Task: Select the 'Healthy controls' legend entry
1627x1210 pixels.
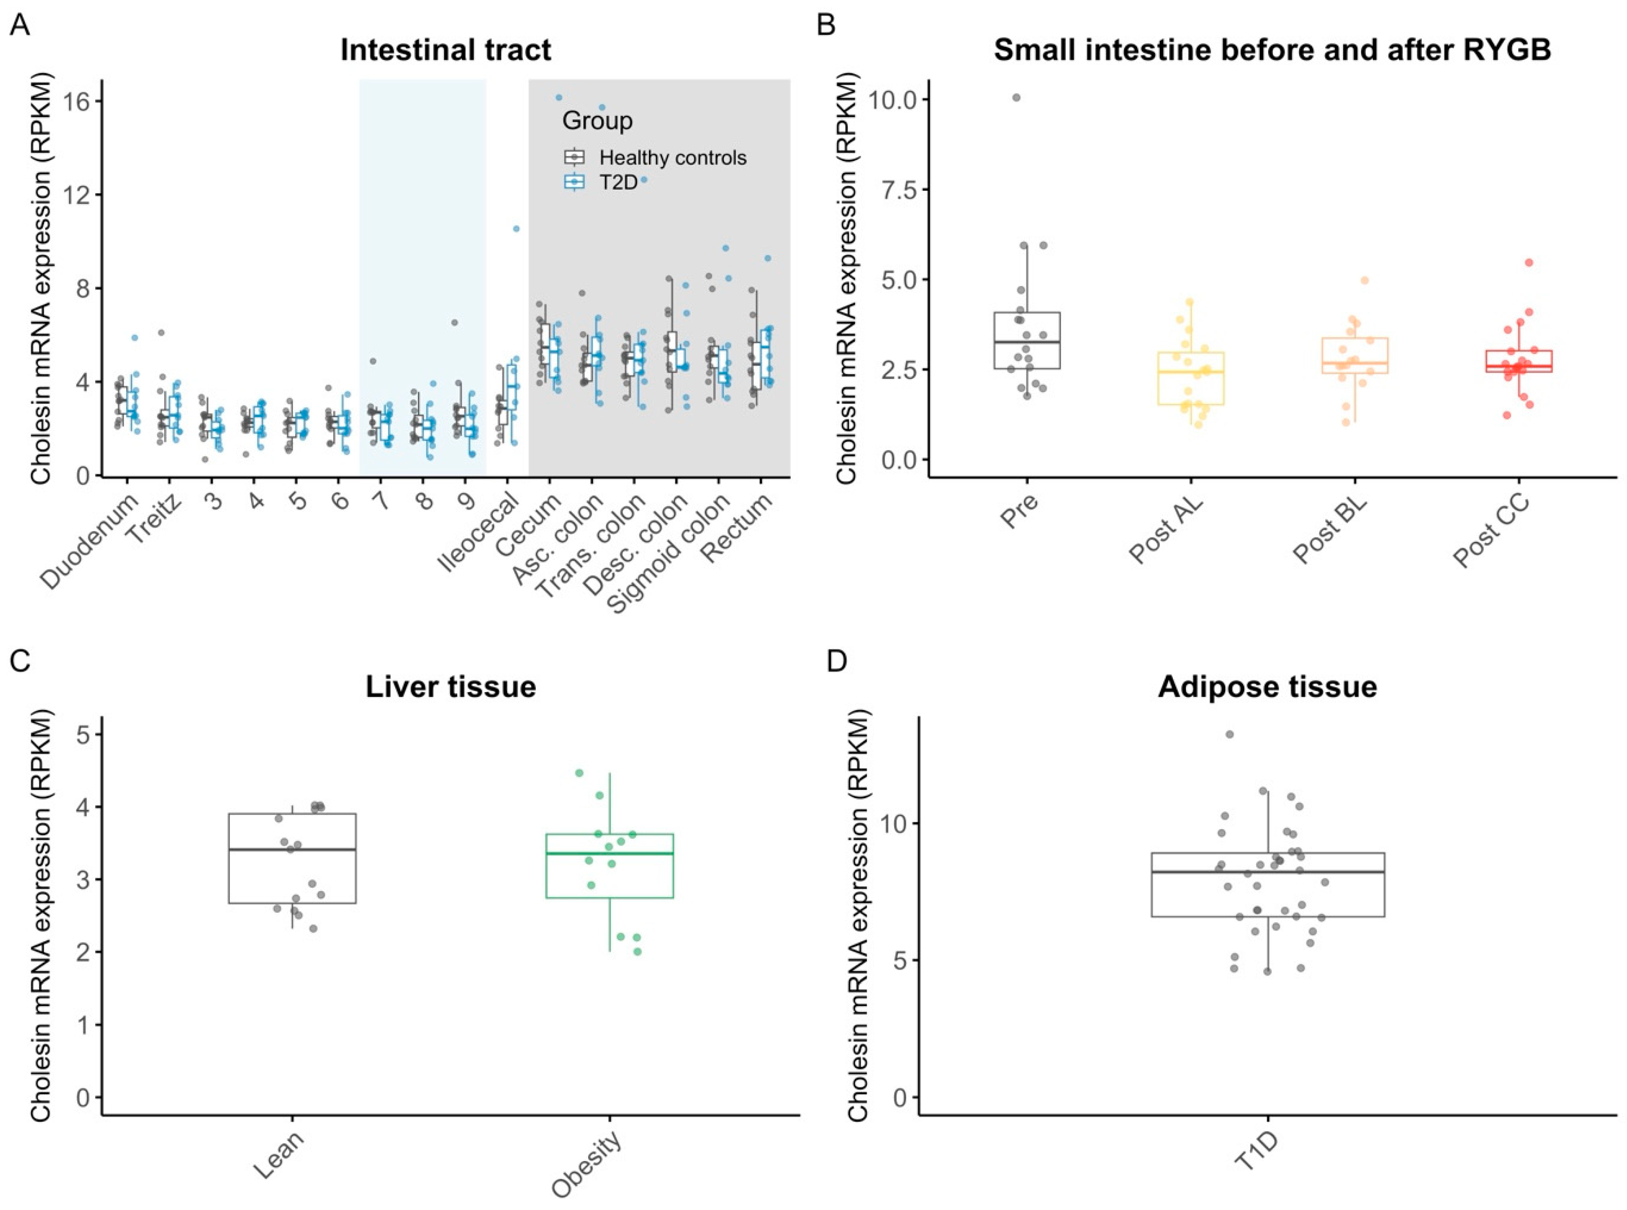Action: coord(672,158)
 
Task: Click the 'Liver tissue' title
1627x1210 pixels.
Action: coord(451,686)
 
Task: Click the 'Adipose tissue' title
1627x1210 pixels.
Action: coord(1268,686)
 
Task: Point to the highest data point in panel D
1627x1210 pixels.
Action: coord(1229,734)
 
